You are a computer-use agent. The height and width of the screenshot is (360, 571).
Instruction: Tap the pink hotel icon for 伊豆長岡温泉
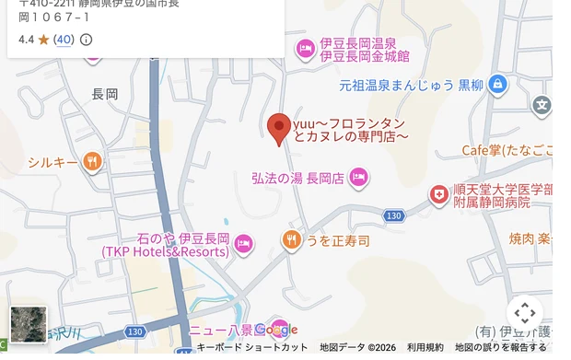coord(305,50)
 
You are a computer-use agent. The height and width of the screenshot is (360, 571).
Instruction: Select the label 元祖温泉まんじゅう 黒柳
coord(411,86)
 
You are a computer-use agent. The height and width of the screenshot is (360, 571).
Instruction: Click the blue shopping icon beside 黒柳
coord(498,86)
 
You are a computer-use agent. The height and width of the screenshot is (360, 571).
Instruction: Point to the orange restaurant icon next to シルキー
coord(91,163)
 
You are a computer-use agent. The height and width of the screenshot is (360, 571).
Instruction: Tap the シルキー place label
coord(52,163)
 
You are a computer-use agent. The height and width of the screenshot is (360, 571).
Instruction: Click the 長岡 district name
coord(106,94)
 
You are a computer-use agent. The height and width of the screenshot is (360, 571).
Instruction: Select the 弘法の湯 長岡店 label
coord(297,178)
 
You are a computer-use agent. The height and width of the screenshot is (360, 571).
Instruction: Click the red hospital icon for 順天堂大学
coord(439,195)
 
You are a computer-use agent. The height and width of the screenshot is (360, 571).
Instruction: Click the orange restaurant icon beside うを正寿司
coord(291,241)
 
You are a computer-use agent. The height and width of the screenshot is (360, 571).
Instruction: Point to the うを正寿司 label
coord(337,241)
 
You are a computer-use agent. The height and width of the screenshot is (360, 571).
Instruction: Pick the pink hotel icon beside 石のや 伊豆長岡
coord(243,244)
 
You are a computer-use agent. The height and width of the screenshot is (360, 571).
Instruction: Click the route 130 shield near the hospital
coord(394,215)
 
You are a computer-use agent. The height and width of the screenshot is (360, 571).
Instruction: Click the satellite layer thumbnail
coord(28,324)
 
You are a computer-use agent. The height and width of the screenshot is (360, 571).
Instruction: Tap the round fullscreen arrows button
coord(524,313)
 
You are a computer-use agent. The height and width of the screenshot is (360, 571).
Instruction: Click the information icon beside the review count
coord(87,40)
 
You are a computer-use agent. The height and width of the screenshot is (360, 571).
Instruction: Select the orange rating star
coord(43,40)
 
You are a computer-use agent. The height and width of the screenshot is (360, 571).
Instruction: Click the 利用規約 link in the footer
coord(425,347)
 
